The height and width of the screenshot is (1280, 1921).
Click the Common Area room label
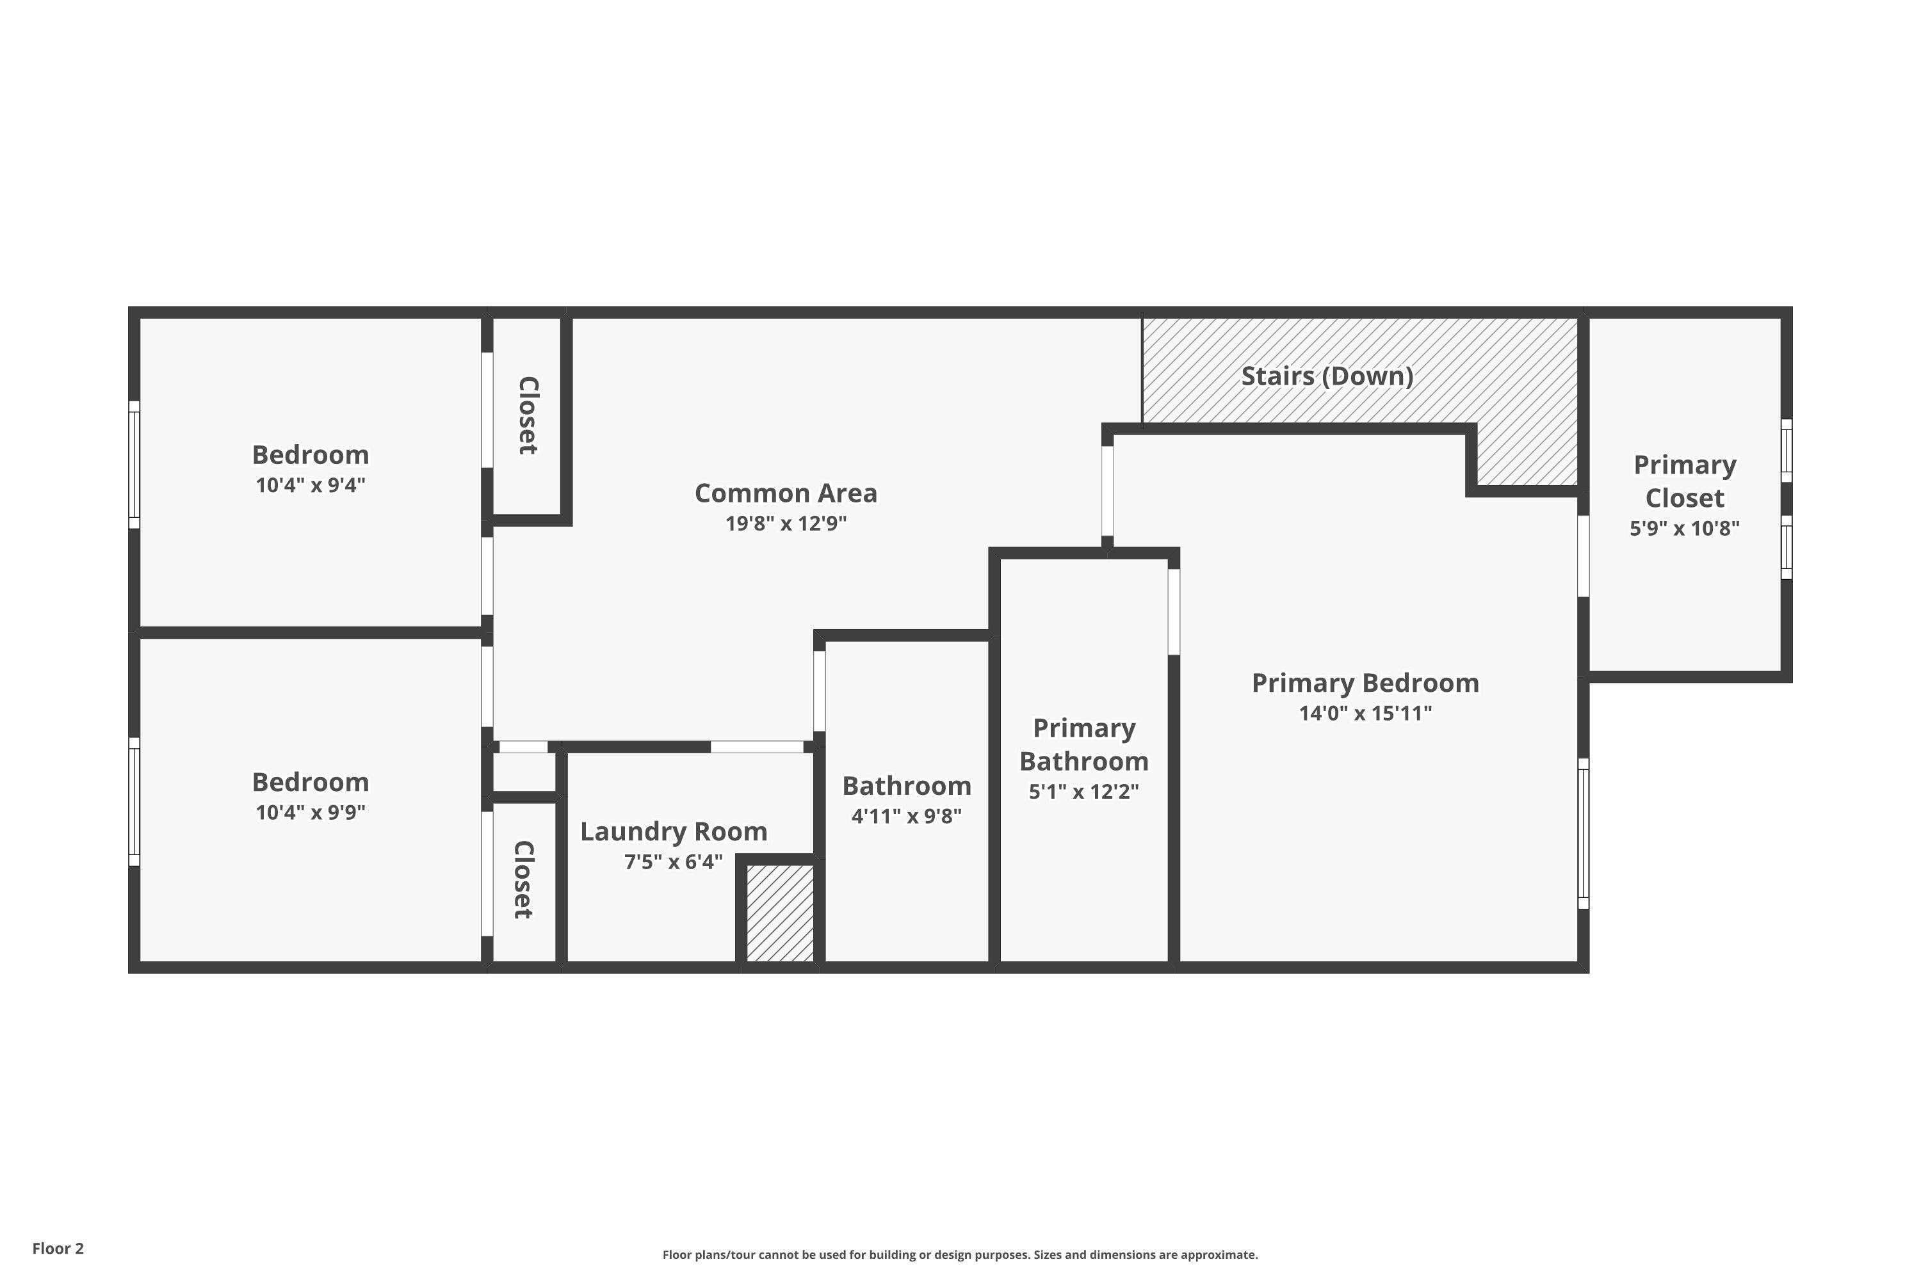(x=786, y=493)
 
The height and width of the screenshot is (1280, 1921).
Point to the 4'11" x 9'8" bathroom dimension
(x=906, y=817)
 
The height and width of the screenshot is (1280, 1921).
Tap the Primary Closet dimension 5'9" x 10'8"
(x=1684, y=528)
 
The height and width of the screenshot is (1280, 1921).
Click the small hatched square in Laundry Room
(x=780, y=913)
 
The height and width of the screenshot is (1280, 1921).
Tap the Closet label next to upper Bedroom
(x=528, y=415)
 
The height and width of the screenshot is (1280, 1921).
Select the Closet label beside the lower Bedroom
(x=523, y=879)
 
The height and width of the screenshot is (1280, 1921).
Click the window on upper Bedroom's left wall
(x=134, y=465)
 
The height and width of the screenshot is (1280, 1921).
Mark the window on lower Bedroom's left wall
(x=134, y=802)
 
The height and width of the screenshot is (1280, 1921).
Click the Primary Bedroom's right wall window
(x=1582, y=833)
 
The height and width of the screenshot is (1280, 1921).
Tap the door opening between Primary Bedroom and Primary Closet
(x=1582, y=556)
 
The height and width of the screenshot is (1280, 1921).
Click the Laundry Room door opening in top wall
(x=756, y=747)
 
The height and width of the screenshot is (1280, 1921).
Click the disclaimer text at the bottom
(x=960, y=1254)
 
